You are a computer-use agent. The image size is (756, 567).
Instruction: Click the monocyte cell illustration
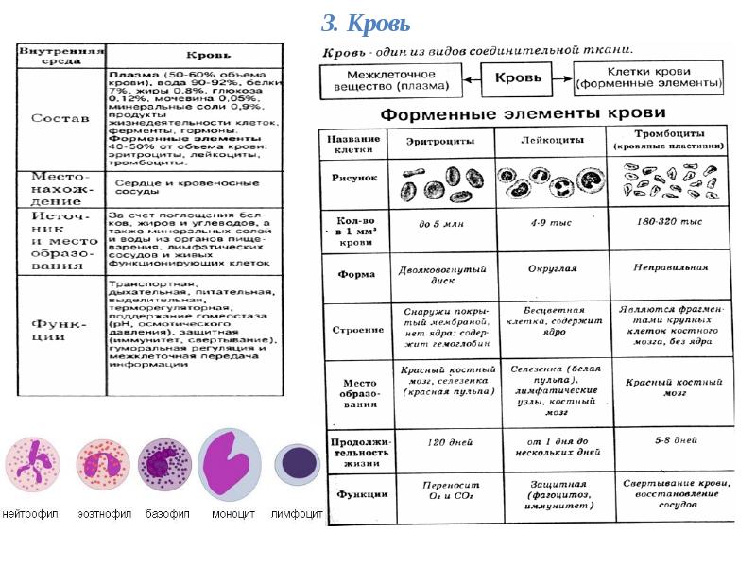pos(230,464)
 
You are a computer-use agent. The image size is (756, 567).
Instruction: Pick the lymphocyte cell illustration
pos(297,464)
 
